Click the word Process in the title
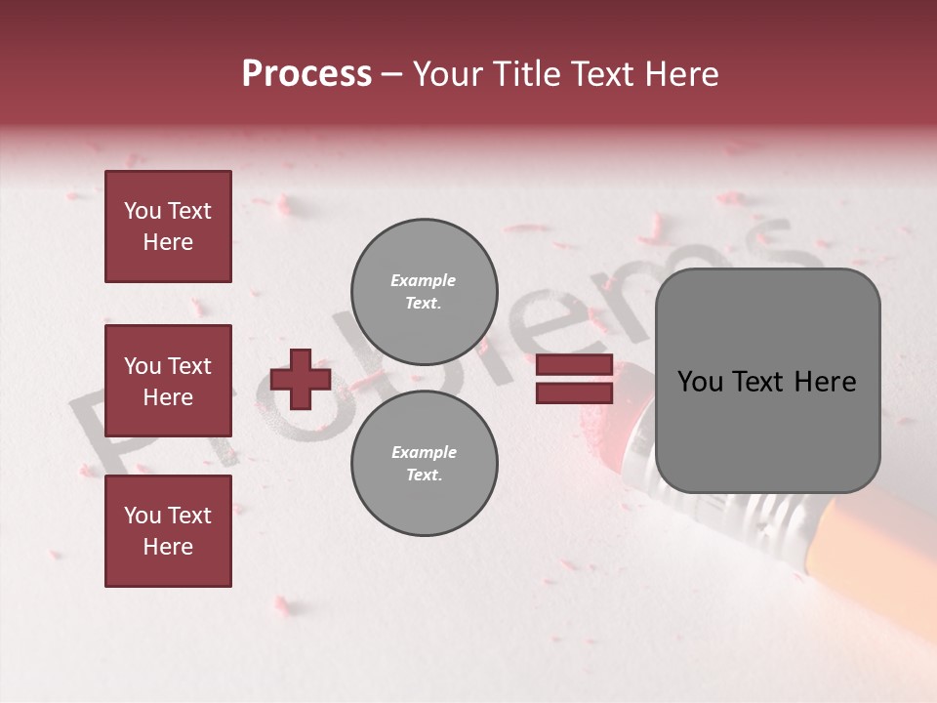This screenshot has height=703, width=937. coord(306,74)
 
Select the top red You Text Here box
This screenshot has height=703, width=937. coord(168,227)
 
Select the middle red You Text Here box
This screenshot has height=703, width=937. coord(168,381)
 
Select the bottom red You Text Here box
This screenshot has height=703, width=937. coord(168,530)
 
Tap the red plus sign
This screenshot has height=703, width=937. coord(301,379)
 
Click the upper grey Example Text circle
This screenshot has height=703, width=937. coord(424,292)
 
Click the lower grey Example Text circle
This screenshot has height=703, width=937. coord(424,464)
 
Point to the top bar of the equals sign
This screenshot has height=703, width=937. coord(574,366)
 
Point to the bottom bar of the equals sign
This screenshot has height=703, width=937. coord(574,393)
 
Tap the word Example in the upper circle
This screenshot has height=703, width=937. coord(424,280)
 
